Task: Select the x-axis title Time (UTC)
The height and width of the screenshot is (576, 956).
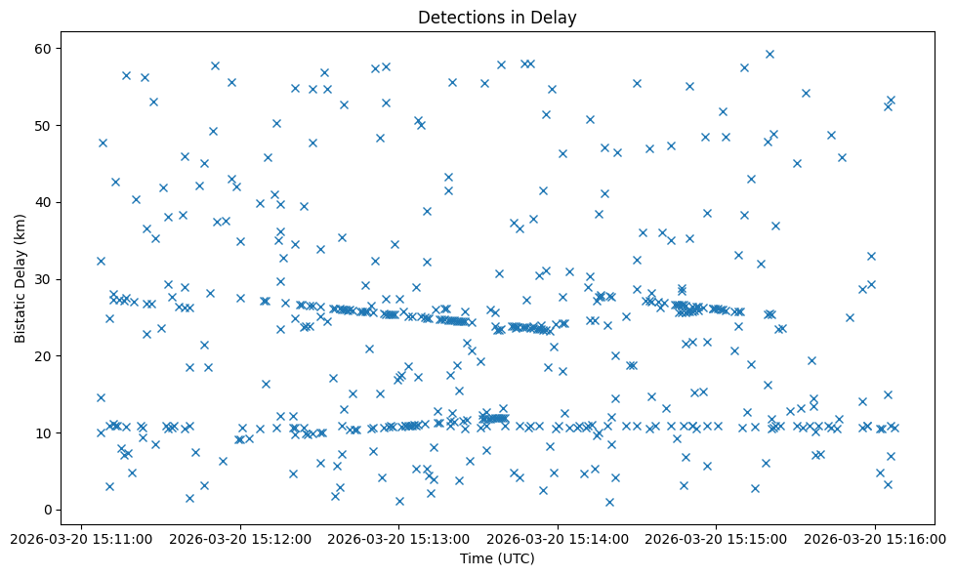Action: tap(497, 558)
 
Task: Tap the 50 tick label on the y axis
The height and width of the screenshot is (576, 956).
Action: tap(43, 126)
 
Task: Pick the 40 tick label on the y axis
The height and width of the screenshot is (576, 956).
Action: tap(43, 202)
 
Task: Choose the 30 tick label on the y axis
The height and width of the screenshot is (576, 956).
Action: tap(43, 279)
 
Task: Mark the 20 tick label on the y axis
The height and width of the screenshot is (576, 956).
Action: tap(43, 356)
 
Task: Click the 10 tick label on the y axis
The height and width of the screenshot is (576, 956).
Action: tap(43, 432)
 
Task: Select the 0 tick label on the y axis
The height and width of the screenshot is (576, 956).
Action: tap(47, 510)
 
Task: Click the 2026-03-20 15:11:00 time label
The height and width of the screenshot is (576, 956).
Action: tap(82, 538)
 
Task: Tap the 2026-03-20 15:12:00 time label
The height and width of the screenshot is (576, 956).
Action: tap(240, 538)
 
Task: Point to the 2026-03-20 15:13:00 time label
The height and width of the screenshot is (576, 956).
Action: tap(399, 538)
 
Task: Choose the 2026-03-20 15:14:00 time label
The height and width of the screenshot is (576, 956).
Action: tap(559, 538)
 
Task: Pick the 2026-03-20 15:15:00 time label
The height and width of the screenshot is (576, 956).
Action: tap(717, 538)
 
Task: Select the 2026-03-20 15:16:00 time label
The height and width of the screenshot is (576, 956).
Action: tap(876, 538)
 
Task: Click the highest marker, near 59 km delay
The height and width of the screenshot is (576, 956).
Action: tap(769, 54)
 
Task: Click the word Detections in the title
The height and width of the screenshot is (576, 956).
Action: tap(457, 17)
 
